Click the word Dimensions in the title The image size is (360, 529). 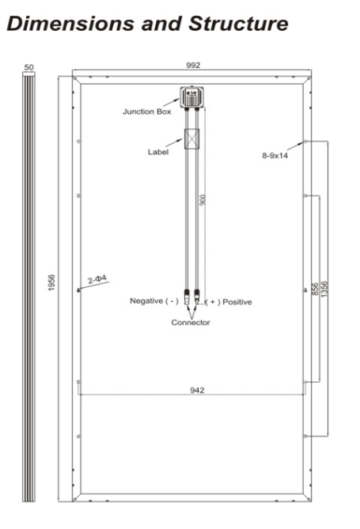point(70,24)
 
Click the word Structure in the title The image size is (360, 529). point(238,24)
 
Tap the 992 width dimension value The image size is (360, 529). point(193,65)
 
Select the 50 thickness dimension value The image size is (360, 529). point(29,67)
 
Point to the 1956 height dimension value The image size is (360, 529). point(51,283)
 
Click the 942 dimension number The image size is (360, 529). point(197,391)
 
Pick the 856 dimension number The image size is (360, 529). point(315,289)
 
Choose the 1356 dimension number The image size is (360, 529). point(324,289)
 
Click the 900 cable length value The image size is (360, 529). point(203,200)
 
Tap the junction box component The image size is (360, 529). point(191,97)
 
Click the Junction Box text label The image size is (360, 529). point(147,111)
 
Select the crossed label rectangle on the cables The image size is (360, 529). point(191,138)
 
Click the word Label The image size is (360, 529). point(158,152)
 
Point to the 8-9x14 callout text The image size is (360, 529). point(275,156)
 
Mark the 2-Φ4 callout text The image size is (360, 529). point(97,279)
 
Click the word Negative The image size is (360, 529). point(146,300)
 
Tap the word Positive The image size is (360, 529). point(237,302)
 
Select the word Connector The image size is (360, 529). point(191,323)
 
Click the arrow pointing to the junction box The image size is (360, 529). point(171,102)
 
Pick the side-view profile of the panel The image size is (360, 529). point(28,288)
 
